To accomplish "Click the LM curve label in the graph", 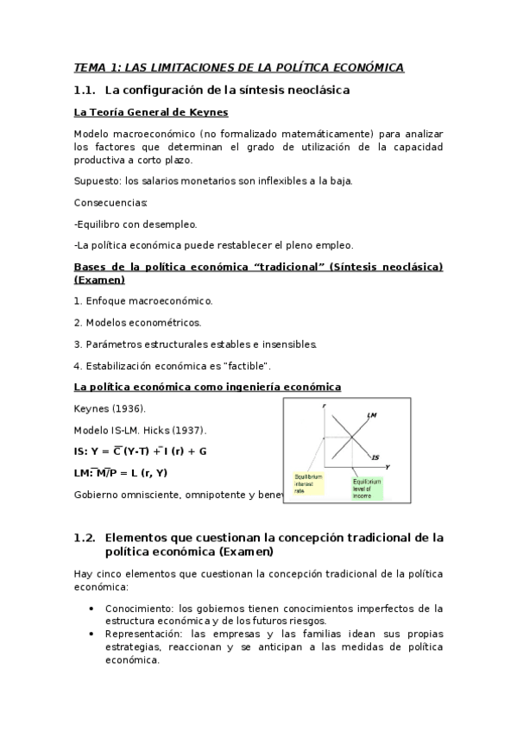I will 372,416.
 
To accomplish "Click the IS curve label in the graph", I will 375,457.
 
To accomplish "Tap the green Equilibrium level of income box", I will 366,489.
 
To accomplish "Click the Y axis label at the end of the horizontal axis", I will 388,466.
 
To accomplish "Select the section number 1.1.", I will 84,90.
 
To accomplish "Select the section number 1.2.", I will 84,537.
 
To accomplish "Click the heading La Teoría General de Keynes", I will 151,112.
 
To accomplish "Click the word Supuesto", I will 97,180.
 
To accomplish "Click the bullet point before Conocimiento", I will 92,608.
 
